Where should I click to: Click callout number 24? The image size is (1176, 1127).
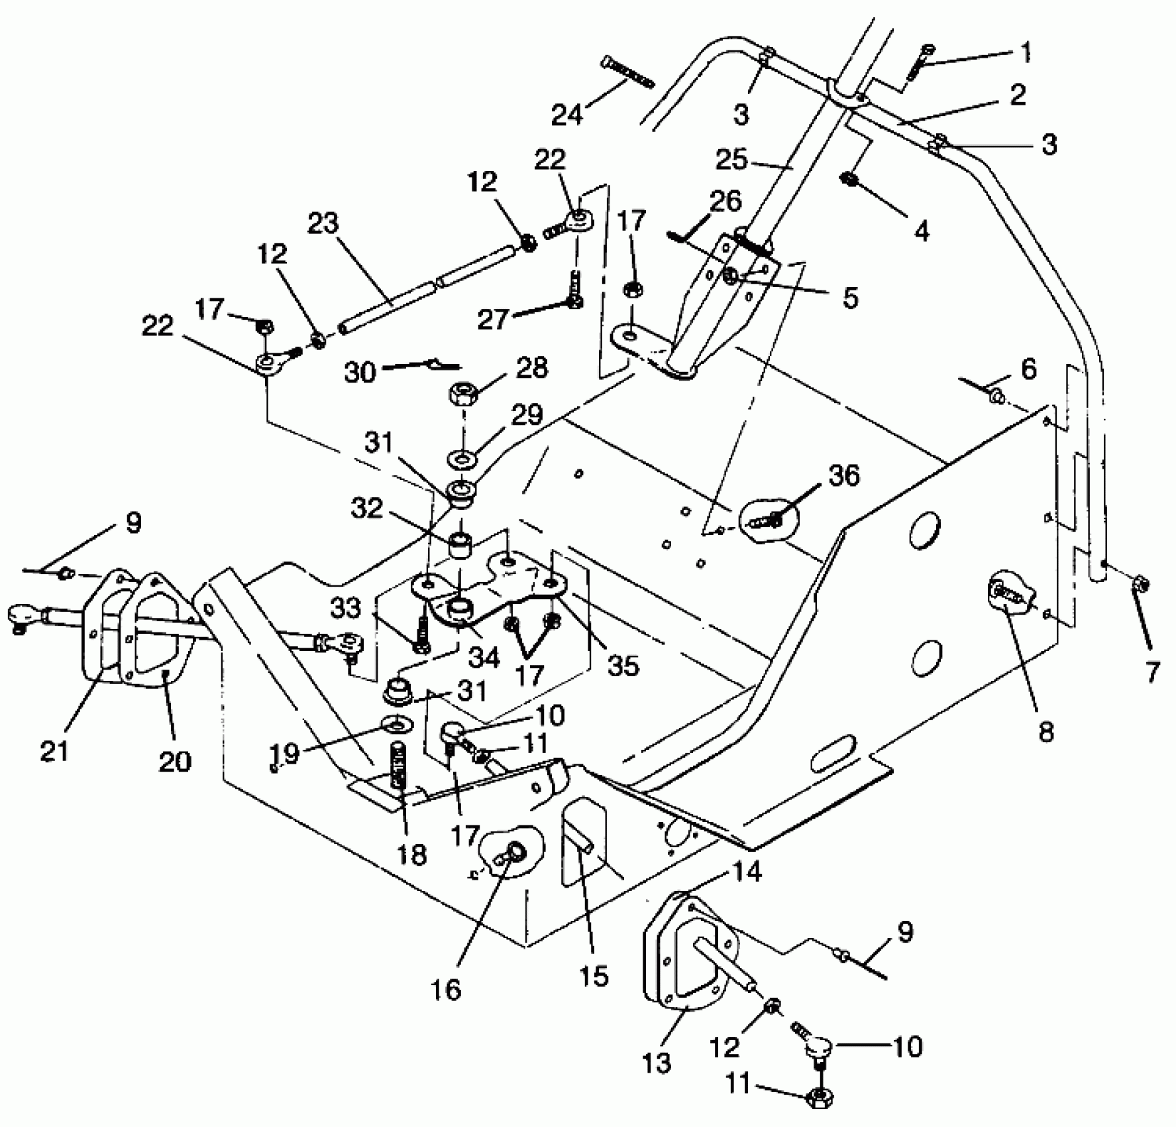pos(568,113)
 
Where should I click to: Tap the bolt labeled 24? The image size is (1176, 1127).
pos(626,73)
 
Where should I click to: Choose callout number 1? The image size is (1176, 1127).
pos(1026,53)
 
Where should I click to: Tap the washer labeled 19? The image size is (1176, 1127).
pos(396,724)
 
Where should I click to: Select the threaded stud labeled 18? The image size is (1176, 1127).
pos(399,766)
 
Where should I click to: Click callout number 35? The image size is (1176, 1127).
pos(623,665)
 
